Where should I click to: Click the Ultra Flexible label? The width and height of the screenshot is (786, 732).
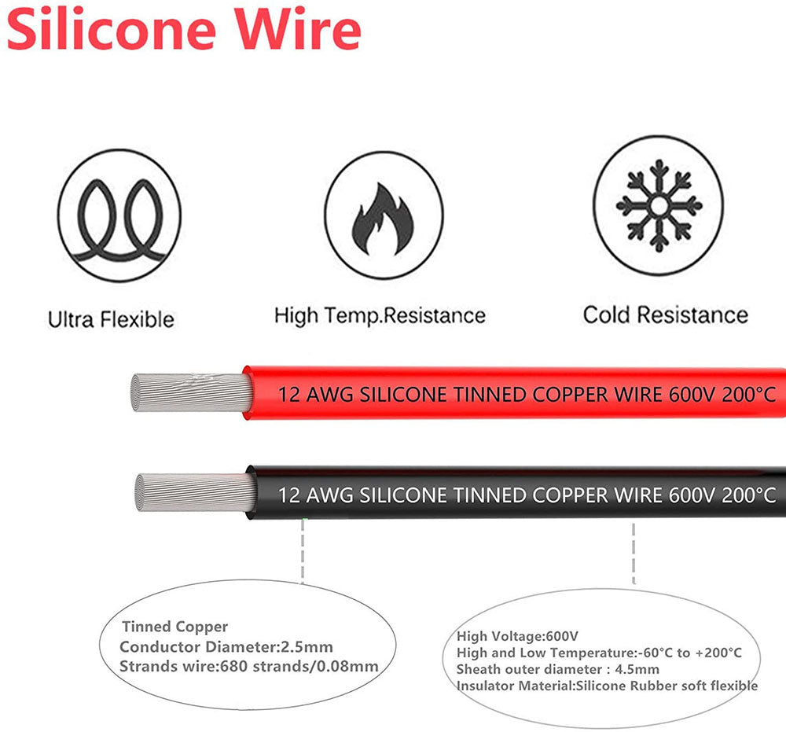pyautogui.click(x=111, y=320)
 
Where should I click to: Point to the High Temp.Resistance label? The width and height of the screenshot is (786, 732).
pyautogui.click(x=380, y=316)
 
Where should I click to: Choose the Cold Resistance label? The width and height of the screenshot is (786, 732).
pyautogui.click(x=665, y=315)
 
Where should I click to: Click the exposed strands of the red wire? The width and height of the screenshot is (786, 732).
pyautogui.click(x=189, y=393)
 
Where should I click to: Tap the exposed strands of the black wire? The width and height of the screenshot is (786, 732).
pyautogui.click(x=193, y=493)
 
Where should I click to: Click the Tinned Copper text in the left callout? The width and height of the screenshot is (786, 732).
pyautogui.click(x=174, y=627)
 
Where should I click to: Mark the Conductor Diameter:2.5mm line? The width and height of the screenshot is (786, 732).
pyautogui.click(x=226, y=647)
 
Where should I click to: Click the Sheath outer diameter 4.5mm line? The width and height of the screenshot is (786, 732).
pyautogui.click(x=558, y=669)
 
